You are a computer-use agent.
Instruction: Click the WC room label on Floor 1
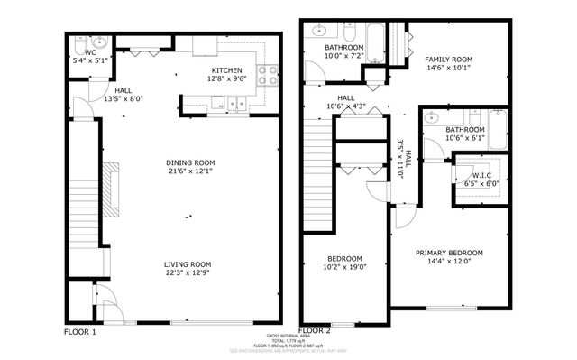coord(89,53)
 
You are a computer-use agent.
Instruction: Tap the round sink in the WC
coord(98,42)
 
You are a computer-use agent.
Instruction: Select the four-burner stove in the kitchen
coord(268,76)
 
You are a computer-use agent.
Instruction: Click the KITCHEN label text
coord(226,70)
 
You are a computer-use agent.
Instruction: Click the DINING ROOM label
coord(190,163)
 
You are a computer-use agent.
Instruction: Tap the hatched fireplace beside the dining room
coord(111,189)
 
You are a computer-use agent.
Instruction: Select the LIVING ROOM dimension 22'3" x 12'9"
coord(188,274)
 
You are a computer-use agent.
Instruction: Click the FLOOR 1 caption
coord(80,332)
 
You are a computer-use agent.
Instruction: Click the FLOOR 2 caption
coord(316,331)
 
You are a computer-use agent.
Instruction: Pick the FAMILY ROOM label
coord(448,59)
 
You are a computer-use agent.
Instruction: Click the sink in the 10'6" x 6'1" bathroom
coord(433,117)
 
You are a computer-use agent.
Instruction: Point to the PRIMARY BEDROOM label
coord(449,254)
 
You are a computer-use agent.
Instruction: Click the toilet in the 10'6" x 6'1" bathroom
coord(473,115)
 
